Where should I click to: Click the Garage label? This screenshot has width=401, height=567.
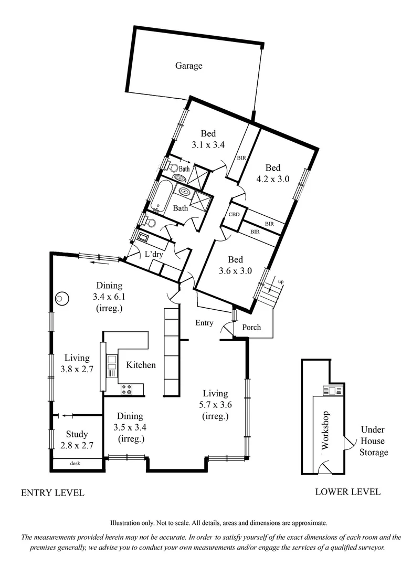tap(188, 66)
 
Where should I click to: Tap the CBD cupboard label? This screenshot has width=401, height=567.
tap(234, 215)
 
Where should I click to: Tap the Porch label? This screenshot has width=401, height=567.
tap(251, 327)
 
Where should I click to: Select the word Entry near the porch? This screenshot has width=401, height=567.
tap(204, 323)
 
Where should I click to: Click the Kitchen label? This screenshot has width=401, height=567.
tap(141, 364)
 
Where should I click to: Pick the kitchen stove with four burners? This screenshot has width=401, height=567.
tap(126, 389)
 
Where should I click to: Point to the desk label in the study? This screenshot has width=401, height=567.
tap(77, 464)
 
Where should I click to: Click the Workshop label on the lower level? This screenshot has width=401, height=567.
tap(324, 430)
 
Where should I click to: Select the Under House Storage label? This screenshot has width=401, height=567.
tap(374, 440)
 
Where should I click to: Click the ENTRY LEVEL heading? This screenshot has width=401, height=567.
tap(52, 493)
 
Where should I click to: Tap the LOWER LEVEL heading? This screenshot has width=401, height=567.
tap(347, 492)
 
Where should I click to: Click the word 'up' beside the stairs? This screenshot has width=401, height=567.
tap(281, 282)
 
